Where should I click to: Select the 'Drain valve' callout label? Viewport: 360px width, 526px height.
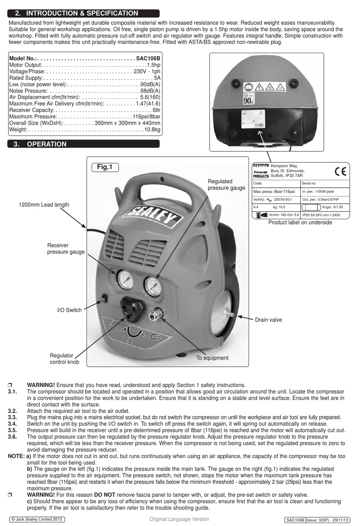pos(268,320)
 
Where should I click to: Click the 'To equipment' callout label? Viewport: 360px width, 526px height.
pos(212,358)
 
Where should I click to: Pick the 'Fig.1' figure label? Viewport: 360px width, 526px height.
pos(105,167)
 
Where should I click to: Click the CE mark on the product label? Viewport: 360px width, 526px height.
pos(340,172)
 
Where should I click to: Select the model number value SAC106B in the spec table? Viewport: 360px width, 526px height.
pos(148,59)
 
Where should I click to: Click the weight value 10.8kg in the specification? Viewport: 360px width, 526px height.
pos(152,130)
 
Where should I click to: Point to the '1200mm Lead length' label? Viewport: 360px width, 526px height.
pos(44,205)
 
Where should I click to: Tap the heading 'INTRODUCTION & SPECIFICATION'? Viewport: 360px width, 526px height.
pos(82,13)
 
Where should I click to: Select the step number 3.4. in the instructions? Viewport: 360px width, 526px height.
pos(13,424)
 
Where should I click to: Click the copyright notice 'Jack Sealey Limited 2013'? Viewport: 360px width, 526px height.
pos(37,519)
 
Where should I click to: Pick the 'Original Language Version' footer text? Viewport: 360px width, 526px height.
pos(179,519)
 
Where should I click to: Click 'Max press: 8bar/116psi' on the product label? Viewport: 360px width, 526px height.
pos(274,192)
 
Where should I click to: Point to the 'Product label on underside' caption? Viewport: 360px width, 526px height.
pos(300,223)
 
